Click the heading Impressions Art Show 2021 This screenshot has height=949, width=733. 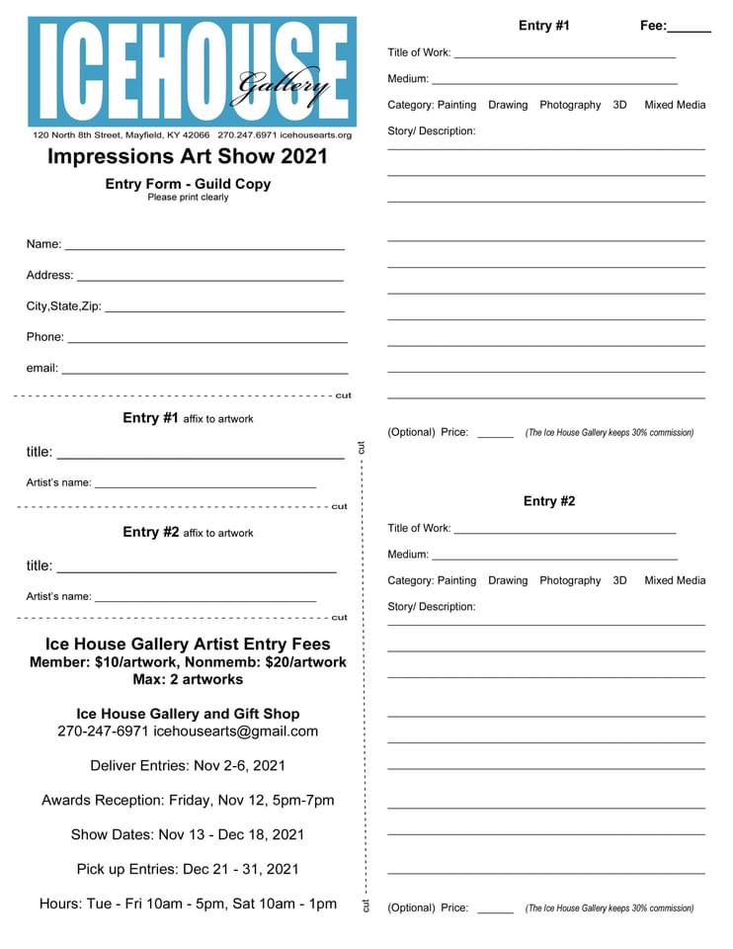[187, 156]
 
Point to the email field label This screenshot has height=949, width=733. [42, 368]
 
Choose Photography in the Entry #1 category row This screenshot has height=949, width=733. [570, 105]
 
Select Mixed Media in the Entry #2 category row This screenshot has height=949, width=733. [675, 580]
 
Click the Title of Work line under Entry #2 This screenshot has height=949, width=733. [564, 532]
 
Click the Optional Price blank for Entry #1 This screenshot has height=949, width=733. [495, 435]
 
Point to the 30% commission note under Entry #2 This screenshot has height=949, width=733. [609, 907]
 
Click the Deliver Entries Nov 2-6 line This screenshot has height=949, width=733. [188, 765]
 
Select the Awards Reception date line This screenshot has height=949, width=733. [188, 800]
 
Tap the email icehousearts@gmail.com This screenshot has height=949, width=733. [236, 732]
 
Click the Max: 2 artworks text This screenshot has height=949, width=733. [188, 679]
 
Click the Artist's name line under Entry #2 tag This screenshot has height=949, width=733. [205, 600]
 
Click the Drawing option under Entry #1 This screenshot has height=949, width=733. [508, 105]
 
